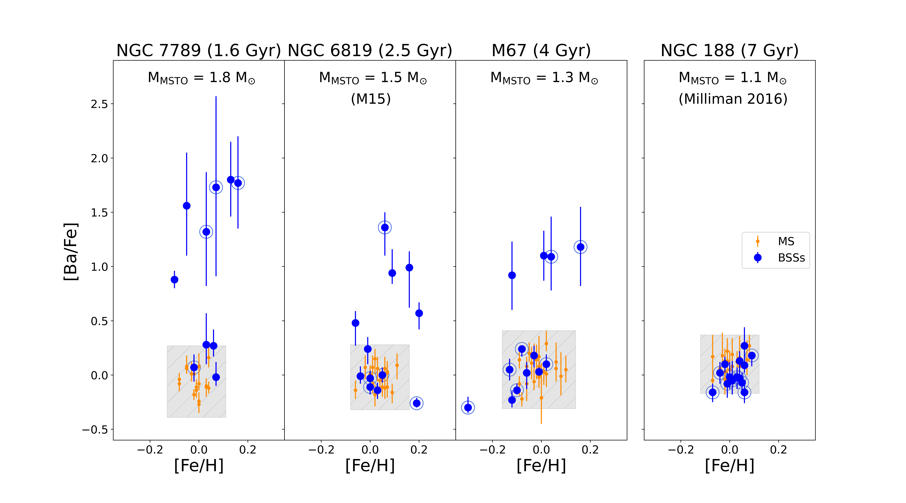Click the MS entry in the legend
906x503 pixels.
(786, 241)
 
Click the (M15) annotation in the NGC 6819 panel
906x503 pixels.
(371, 99)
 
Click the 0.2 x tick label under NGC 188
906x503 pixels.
(778, 450)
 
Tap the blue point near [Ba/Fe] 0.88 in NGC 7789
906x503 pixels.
(174, 280)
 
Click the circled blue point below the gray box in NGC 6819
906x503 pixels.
(416, 403)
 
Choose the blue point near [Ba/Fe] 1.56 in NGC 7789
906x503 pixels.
(187, 206)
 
